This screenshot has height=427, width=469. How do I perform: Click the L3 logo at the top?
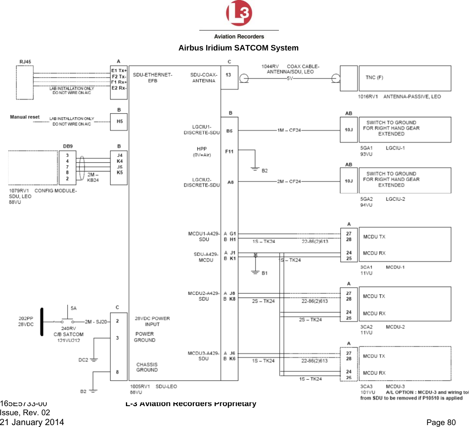tap(239, 14)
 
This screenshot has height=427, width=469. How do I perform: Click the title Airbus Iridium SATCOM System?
tap(238, 48)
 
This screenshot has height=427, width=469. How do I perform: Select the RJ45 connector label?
tap(25, 61)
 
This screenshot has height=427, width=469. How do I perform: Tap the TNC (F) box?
tap(404, 78)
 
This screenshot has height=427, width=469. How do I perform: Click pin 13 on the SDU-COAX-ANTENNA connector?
tap(228, 75)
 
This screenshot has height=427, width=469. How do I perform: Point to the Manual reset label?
tap(25, 117)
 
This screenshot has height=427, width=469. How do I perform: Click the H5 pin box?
tap(119, 122)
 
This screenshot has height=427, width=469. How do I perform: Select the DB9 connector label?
tap(68, 146)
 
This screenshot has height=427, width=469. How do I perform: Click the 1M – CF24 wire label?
tap(289, 130)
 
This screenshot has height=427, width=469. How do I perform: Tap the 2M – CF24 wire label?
tap(289, 181)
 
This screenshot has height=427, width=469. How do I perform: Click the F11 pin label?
tap(229, 151)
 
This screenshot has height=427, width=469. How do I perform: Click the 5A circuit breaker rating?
tap(74, 308)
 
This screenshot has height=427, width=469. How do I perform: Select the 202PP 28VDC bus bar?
tap(42, 322)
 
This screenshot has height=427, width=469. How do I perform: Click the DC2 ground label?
tap(83, 360)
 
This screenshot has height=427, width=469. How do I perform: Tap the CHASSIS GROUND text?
tap(147, 367)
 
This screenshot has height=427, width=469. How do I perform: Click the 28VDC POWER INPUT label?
tap(152, 321)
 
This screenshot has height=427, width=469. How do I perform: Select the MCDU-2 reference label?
tap(395, 327)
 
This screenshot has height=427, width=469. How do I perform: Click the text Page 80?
tap(441, 422)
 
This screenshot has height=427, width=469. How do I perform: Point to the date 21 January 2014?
tap(32, 422)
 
